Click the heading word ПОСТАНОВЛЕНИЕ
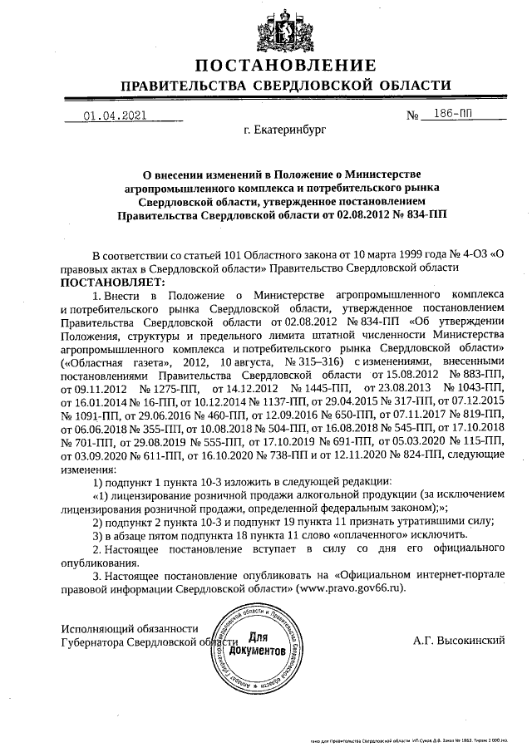tap(285, 66)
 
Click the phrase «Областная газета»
tap(105, 362)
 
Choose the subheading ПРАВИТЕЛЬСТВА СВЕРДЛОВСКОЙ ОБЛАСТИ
tap(285, 86)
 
